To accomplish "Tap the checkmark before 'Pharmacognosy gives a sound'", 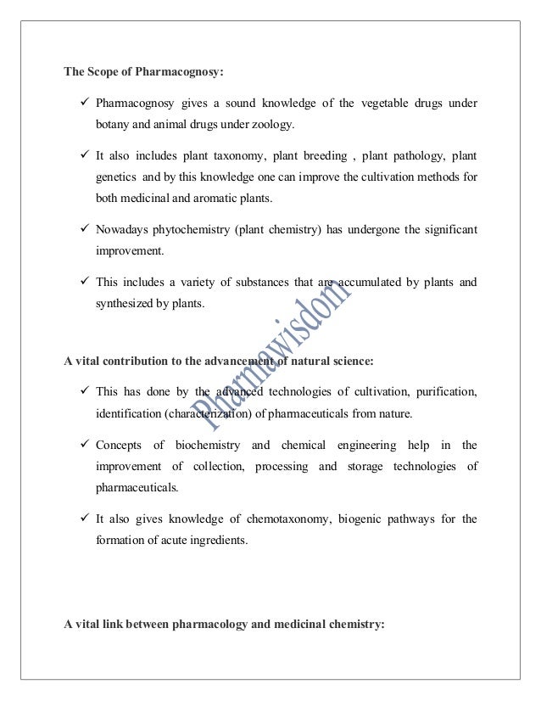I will click(x=81, y=104).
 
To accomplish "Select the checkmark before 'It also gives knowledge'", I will click(x=81, y=517).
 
